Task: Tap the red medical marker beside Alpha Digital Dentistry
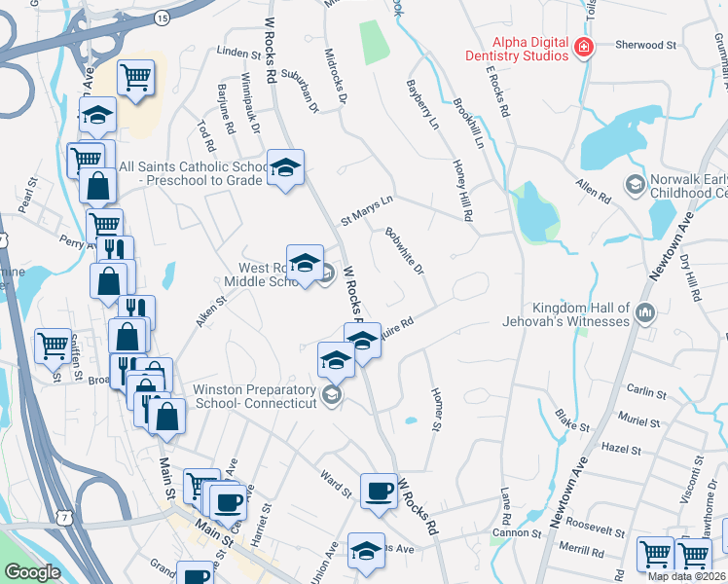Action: [583, 48]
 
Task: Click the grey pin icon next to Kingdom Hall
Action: [643, 312]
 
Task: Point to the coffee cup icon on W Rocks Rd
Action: [379, 492]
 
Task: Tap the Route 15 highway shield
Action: [162, 18]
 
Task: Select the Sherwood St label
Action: [645, 45]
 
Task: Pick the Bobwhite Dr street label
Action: [404, 250]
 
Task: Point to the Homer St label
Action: [435, 409]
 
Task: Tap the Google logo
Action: [32, 572]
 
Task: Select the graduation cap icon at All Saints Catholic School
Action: [285, 168]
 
